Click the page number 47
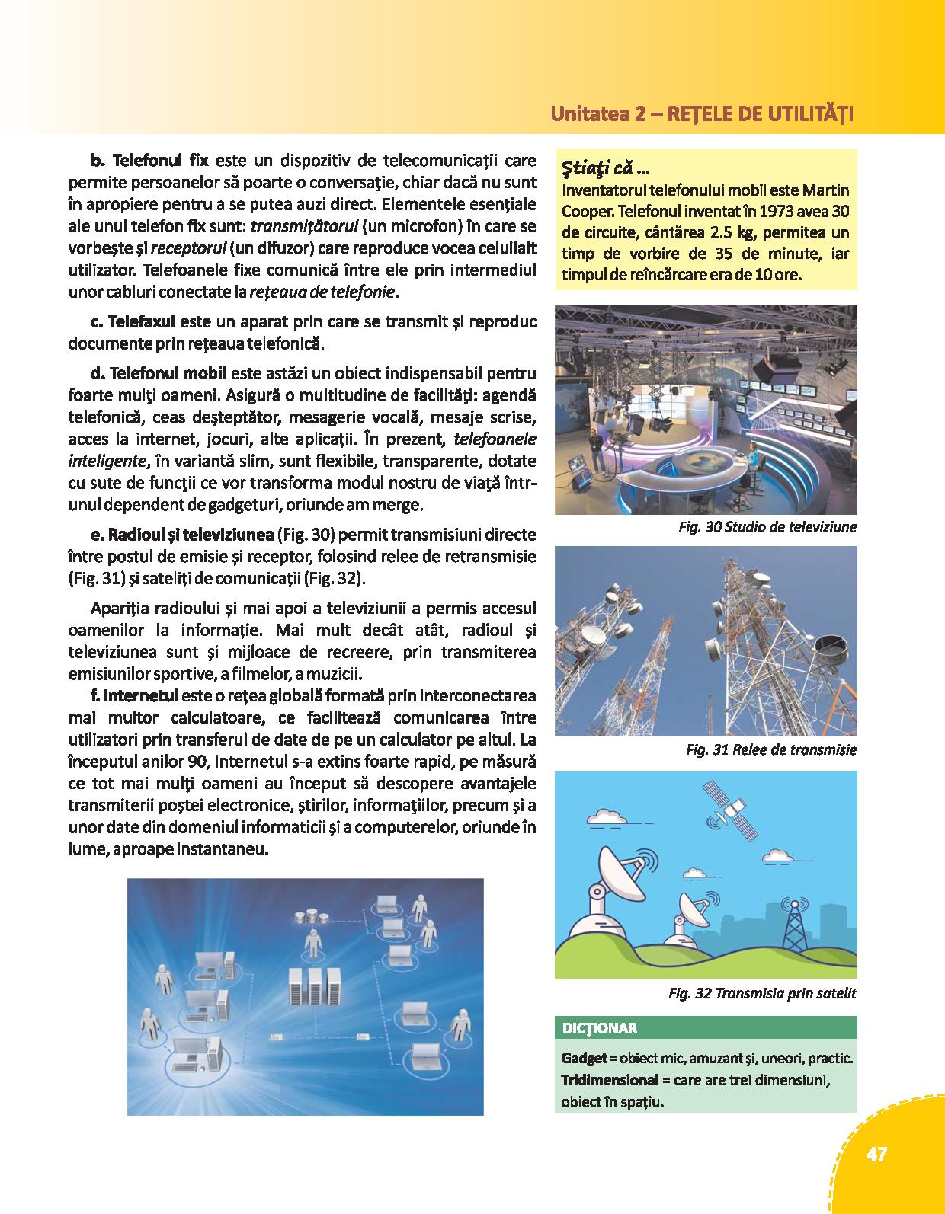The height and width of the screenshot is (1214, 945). click(876, 1155)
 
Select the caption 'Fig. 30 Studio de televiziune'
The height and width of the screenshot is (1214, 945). click(767, 527)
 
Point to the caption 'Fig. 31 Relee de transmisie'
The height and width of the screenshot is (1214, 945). click(771, 749)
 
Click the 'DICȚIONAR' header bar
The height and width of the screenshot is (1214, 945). click(600, 1028)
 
